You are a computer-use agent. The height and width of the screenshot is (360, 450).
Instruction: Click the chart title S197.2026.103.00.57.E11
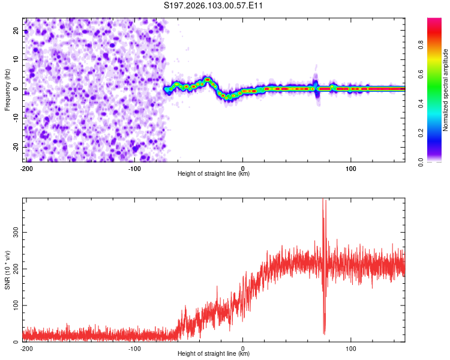point(214,6)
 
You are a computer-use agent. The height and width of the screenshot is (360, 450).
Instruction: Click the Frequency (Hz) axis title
point(7,89)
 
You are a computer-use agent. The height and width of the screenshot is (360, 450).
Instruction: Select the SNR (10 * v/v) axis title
point(7,269)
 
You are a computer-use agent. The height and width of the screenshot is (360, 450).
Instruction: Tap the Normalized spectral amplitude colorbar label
point(446,89)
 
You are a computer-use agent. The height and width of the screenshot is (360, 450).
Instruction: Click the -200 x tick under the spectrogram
point(26,169)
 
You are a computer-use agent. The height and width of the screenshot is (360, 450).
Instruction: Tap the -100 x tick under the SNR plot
point(134,349)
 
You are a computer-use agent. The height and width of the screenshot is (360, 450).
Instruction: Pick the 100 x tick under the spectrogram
point(351,169)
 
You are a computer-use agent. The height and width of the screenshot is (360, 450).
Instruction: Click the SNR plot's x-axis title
point(214,355)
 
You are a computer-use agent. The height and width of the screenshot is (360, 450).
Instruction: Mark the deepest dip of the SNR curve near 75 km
point(324,333)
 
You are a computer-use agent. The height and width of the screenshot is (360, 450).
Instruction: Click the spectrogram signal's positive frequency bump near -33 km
point(208,79)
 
